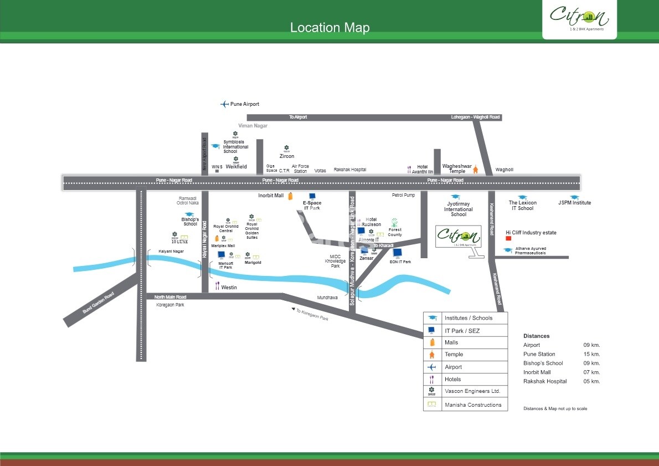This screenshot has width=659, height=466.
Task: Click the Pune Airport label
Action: tap(244, 104)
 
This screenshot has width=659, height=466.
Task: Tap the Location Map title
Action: tap(329, 28)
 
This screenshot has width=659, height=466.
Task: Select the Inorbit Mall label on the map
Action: tap(271, 196)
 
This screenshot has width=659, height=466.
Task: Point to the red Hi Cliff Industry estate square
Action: tap(508, 239)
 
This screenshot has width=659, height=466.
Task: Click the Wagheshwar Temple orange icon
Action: tap(475, 169)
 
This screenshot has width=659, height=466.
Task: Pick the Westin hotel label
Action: tap(229, 288)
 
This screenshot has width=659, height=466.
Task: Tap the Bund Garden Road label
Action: tap(98, 303)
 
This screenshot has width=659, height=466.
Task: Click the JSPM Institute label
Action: tap(574, 203)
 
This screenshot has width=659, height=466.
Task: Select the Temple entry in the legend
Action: tap(454, 355)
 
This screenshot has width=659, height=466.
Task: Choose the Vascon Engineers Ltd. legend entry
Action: tap(472, 391)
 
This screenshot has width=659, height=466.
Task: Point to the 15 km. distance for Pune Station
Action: tap(591, 354)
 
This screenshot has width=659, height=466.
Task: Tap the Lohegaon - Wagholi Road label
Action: tap(475, 117)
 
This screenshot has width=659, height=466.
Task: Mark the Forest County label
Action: tap(395, 232)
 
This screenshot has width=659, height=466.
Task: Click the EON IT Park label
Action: tap(400, 262)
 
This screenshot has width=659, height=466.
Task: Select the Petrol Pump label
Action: tap(403, 195)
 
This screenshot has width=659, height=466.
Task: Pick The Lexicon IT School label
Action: tap(522, 206)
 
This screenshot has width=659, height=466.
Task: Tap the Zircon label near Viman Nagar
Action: tap(287, 156)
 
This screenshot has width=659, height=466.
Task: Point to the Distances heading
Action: tap(536, 336)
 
